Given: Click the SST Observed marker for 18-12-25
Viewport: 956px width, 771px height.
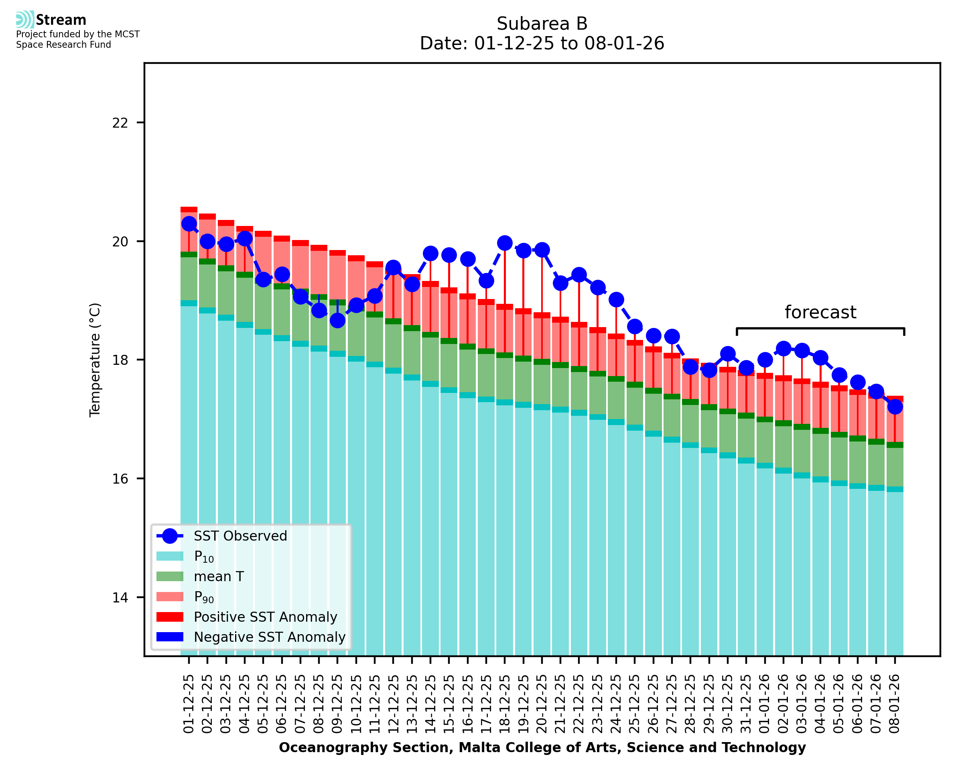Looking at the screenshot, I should click(x=505, y=243).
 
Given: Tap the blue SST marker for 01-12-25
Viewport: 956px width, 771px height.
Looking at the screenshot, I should click(x=189, y=224).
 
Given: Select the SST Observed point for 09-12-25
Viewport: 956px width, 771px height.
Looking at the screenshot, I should click(x=337, y=320).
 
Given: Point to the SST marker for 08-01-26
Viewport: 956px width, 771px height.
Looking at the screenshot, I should click(x=895, y=407).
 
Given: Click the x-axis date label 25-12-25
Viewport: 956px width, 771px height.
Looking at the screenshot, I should click(x=635, y=704).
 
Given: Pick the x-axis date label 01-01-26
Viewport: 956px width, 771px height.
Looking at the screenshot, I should click(x=765, y=704).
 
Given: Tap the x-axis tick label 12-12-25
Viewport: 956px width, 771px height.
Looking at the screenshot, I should click(x=393, y=704).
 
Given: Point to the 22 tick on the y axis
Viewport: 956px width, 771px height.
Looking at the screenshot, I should click(x=120, y=122).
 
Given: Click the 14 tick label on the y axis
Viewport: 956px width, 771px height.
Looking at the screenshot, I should click(x=120, y=598).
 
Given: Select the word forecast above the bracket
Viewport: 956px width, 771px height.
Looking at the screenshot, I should click(x=820, y=312).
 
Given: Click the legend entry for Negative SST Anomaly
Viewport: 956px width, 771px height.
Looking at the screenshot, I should click(x=270, y=637).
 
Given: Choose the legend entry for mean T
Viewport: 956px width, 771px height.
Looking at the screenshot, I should click(x=219, y=576).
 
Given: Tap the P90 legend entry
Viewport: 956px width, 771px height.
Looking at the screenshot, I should click(x=204, y=597).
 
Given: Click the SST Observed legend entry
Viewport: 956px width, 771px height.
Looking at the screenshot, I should click(x=240, y=536).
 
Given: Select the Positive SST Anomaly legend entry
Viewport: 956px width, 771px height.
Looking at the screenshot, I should click(x=266, y=617).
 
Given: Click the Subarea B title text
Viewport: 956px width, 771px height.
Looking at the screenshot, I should click(x=542, y=24).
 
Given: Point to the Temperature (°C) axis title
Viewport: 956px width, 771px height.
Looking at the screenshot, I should click(x=95, y=360).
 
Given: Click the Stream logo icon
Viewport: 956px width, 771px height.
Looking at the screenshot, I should click(x=25, y=20).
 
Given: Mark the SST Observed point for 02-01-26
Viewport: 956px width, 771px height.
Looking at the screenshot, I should click(x=783, y=349).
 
